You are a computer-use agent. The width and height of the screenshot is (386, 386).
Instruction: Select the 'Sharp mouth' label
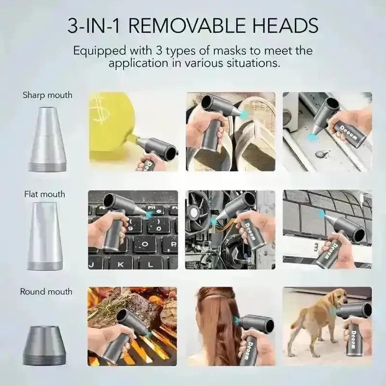point(47,95)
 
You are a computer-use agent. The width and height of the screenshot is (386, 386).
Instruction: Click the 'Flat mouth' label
point(44,194)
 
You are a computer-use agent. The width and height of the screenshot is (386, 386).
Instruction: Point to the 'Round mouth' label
point(46,291)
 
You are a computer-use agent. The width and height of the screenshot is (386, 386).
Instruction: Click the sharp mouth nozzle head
point(47,139)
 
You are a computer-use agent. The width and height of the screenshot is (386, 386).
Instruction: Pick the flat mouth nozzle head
point(45,236)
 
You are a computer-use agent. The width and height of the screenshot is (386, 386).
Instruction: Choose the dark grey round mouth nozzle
point(44,345)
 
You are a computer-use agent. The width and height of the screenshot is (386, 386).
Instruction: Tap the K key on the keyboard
point(121,264)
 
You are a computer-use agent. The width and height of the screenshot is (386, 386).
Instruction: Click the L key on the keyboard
point(151,264)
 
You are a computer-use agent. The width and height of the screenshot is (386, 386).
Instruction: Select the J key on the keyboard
point(92,264)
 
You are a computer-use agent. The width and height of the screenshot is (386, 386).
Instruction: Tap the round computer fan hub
point(195,212)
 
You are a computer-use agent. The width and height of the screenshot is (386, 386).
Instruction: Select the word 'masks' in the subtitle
point(230,51)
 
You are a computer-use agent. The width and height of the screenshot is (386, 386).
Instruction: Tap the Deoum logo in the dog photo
point(354,340)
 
